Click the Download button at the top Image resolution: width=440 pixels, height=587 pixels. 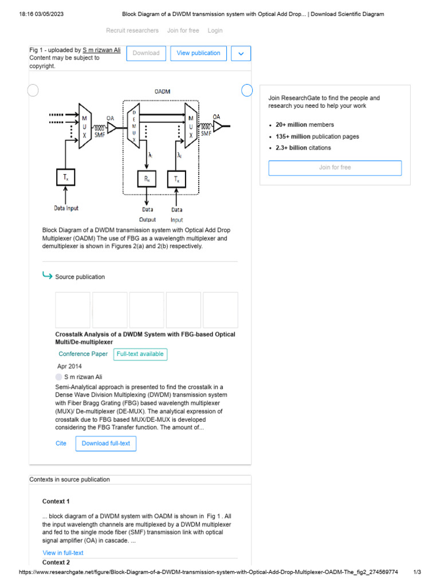tap(146, 53)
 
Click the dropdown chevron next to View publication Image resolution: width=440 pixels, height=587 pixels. tap(241, 53)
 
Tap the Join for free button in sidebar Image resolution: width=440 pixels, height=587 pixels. tap(335, 168)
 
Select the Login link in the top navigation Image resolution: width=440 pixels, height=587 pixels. tap(215, 30)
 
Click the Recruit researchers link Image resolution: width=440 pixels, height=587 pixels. tap(132, 30)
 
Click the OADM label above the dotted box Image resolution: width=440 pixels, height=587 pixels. tap(162, 92)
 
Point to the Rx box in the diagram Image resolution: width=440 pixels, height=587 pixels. tap(147, 179)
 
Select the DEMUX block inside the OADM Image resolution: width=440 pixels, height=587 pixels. tap(134, 123)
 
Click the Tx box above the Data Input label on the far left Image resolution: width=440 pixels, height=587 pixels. tap(66, 177)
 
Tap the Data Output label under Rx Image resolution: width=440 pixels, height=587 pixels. tap(147, 214)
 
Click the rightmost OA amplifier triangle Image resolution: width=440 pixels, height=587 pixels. tap(218, 125)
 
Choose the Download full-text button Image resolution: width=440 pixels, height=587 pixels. tap(106, 443)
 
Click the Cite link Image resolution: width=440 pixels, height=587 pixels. tap(61, 443)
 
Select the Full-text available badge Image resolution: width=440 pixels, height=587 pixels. tap(140, 354)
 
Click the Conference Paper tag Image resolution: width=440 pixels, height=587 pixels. tap(83, 354)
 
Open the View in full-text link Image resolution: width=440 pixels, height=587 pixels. tap(63, 553)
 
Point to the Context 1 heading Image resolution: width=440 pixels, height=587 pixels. tap(56, 502)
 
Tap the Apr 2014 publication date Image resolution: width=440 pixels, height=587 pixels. tap(69, 366)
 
